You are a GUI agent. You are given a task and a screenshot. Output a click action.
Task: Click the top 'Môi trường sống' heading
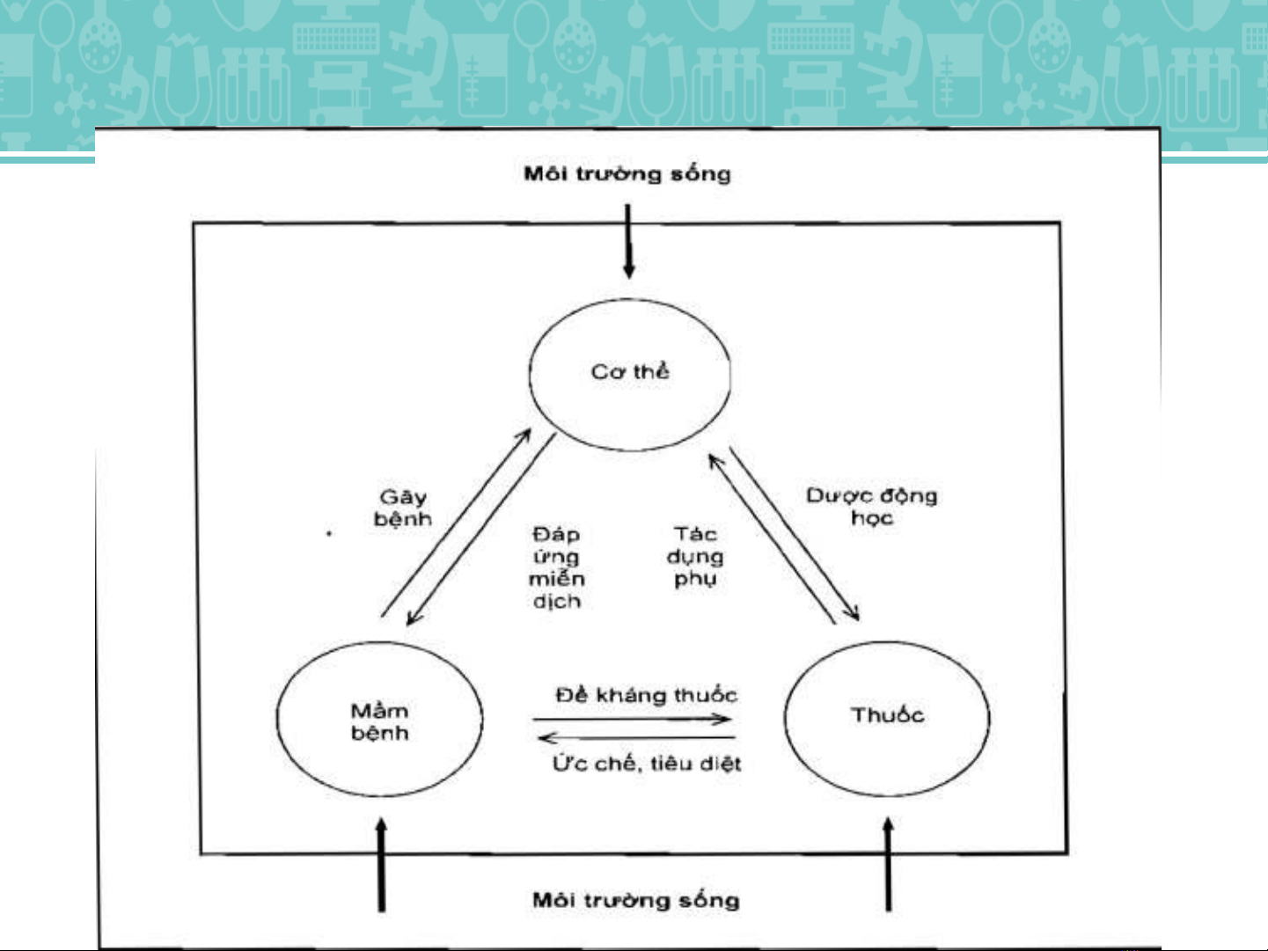tap(627, 174)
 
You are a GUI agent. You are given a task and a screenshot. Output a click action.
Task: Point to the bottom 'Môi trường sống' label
tap(636, 900)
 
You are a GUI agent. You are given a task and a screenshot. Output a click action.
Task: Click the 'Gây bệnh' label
tap(403, 508)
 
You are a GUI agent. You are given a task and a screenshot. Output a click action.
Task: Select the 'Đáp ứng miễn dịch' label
tap(556, 567)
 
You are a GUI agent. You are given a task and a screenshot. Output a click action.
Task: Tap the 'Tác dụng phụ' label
tap(695, 556)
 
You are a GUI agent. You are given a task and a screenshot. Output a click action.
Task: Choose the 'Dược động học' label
tap(872, 507)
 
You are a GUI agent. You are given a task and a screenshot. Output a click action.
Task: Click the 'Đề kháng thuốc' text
tap(647, 695)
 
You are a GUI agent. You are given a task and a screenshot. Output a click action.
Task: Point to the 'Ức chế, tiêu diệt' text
tap(647, 764)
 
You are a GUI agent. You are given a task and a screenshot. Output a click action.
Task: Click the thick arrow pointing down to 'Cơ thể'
tap(628, 241)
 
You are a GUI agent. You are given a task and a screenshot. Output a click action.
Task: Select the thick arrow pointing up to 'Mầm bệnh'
tap(381, 865)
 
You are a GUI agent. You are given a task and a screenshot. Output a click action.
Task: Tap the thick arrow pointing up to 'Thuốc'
tap(889, 865)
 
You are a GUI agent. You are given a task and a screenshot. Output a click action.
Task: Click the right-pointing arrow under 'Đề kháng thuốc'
tap(632, 720)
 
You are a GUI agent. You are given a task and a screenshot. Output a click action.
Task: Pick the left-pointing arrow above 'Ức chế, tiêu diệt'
tap(636, 738)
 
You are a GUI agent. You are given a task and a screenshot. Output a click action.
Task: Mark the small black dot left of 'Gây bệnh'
tap(329, 533)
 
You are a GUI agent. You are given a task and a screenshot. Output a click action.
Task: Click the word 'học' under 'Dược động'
tap(872, 518)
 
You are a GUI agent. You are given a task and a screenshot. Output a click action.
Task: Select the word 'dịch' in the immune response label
tap(557, 601)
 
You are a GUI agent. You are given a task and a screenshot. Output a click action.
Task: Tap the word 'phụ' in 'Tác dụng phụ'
tap(695, 579)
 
